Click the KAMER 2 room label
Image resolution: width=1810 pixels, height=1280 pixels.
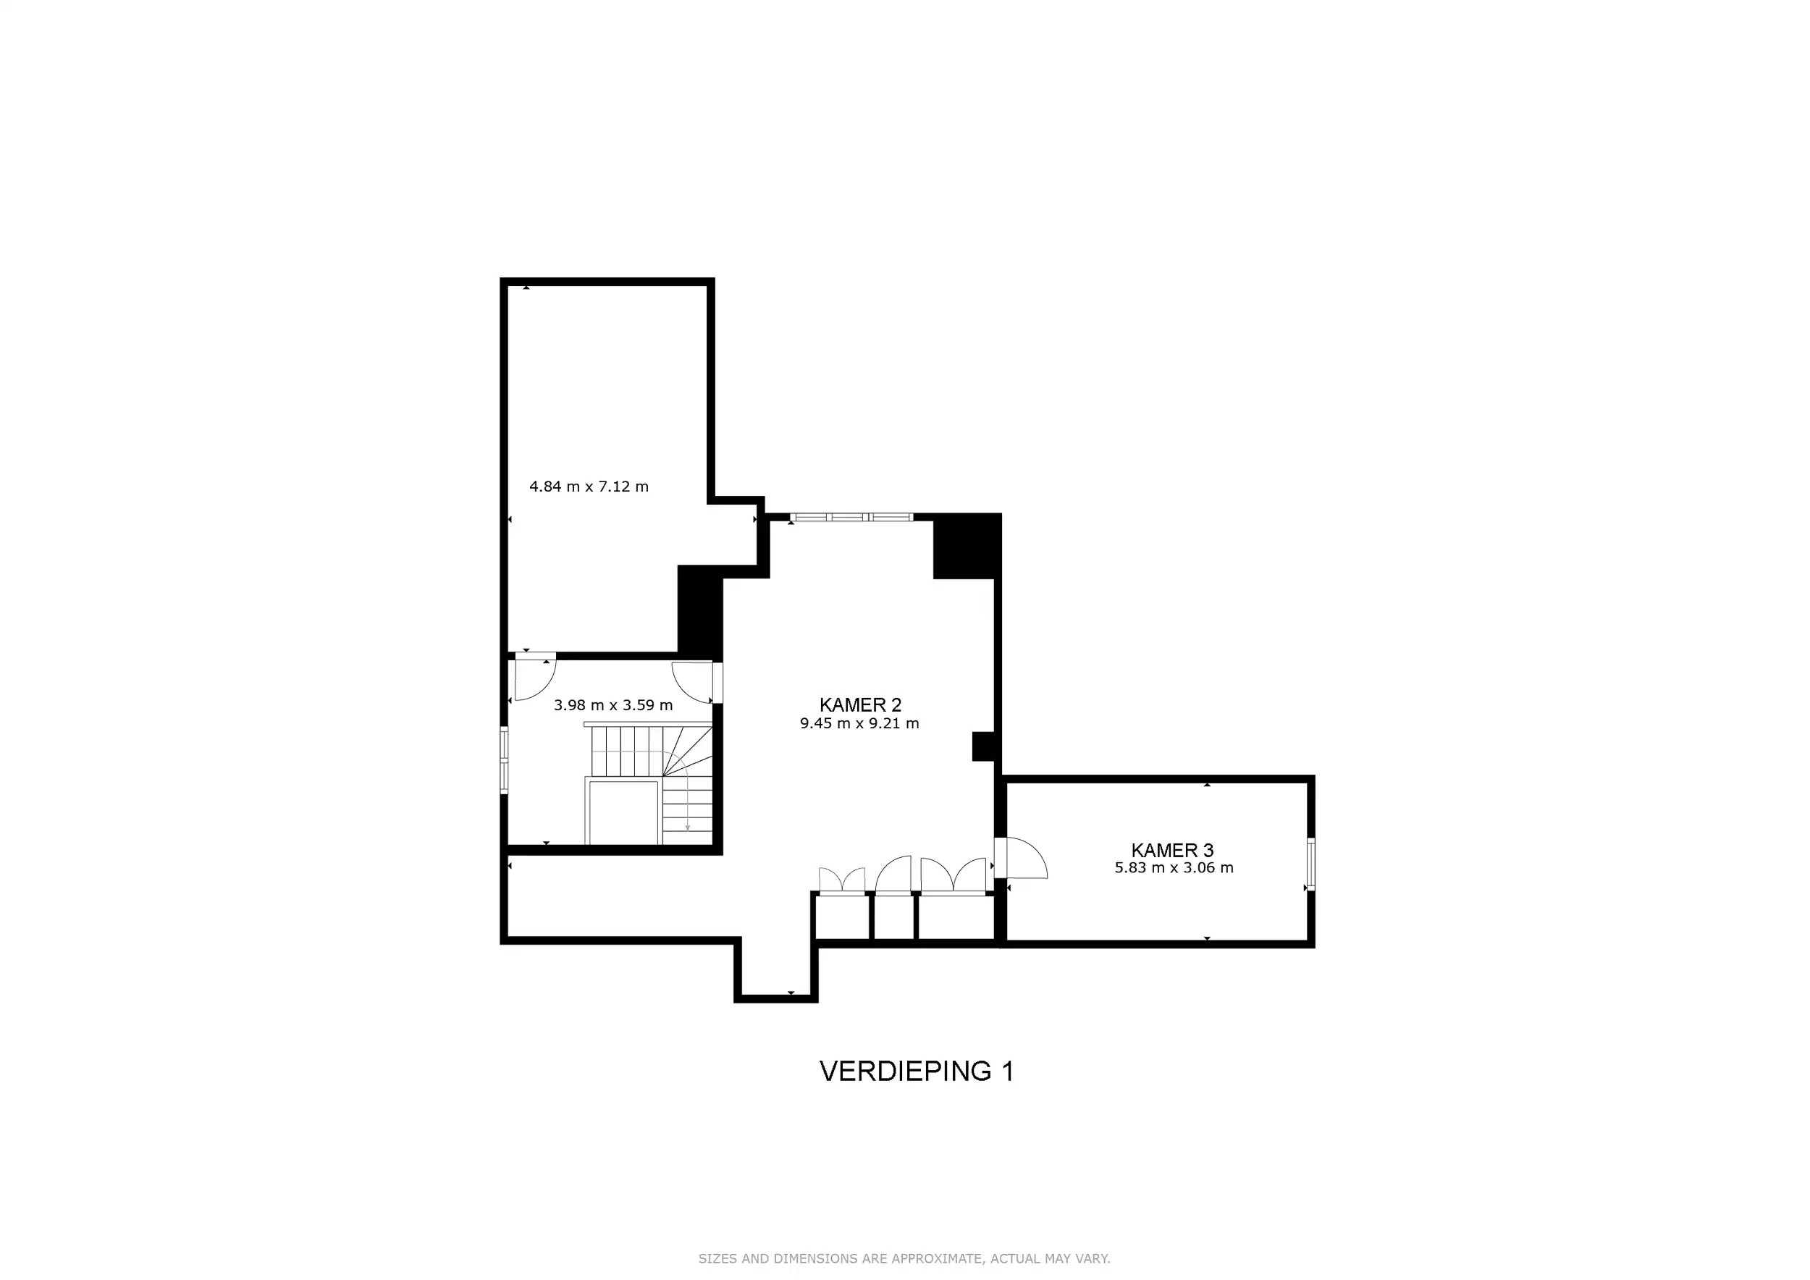coord(860,704)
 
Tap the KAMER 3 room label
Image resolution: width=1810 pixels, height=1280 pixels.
coord(1172,851)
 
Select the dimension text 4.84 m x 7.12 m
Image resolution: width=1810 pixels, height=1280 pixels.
coord(589,487)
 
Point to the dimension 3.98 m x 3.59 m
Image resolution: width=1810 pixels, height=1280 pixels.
coord(613,705)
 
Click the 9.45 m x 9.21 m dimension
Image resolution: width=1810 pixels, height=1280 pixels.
coord(859,723)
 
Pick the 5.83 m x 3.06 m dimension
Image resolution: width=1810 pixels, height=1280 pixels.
coord(1174,868)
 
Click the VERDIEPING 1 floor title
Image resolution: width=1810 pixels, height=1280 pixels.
coord(916,1071)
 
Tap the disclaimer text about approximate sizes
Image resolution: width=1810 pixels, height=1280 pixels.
coord(904,1259)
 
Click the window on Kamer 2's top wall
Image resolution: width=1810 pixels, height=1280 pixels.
coord(851,518)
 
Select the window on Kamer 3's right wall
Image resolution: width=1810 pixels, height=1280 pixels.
coord(1311,864)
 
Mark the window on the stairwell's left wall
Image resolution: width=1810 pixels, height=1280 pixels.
coord(505,759)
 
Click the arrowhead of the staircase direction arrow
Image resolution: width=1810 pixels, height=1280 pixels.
coord(687,828)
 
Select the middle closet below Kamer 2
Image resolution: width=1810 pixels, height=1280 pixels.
coord(894,918)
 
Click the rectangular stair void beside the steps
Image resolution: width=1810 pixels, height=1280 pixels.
coord(623,814)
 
